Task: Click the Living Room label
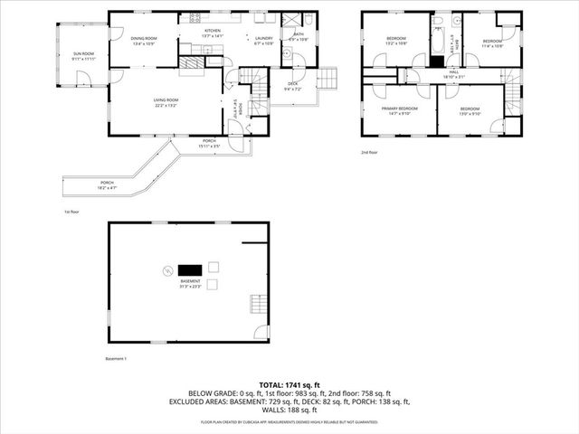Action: tap(166, 102)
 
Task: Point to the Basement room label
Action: tap(191, 284)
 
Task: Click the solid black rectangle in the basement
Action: tap(190, 269)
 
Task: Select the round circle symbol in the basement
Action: tap(166, 269)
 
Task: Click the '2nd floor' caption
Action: tap(369, 152)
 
